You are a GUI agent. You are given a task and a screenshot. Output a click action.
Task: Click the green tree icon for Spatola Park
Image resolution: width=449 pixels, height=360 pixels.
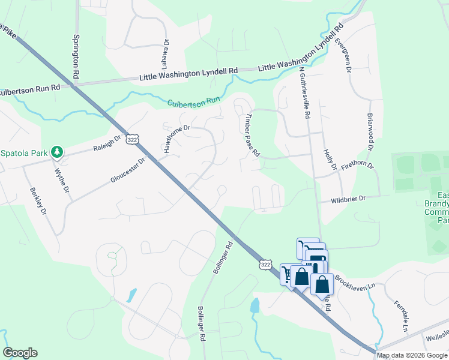click(x=57, y=152)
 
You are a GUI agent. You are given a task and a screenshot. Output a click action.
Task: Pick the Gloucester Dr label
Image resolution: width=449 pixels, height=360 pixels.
click(x=128, y=171)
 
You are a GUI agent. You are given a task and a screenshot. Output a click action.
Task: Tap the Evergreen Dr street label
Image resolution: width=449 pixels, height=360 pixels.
click(x=342, y=55)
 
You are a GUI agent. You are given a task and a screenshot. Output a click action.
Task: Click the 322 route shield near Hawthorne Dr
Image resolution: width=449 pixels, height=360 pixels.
click(x=133, y=139)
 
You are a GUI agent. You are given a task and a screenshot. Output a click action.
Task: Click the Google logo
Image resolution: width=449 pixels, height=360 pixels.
click(x=20, y=353)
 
